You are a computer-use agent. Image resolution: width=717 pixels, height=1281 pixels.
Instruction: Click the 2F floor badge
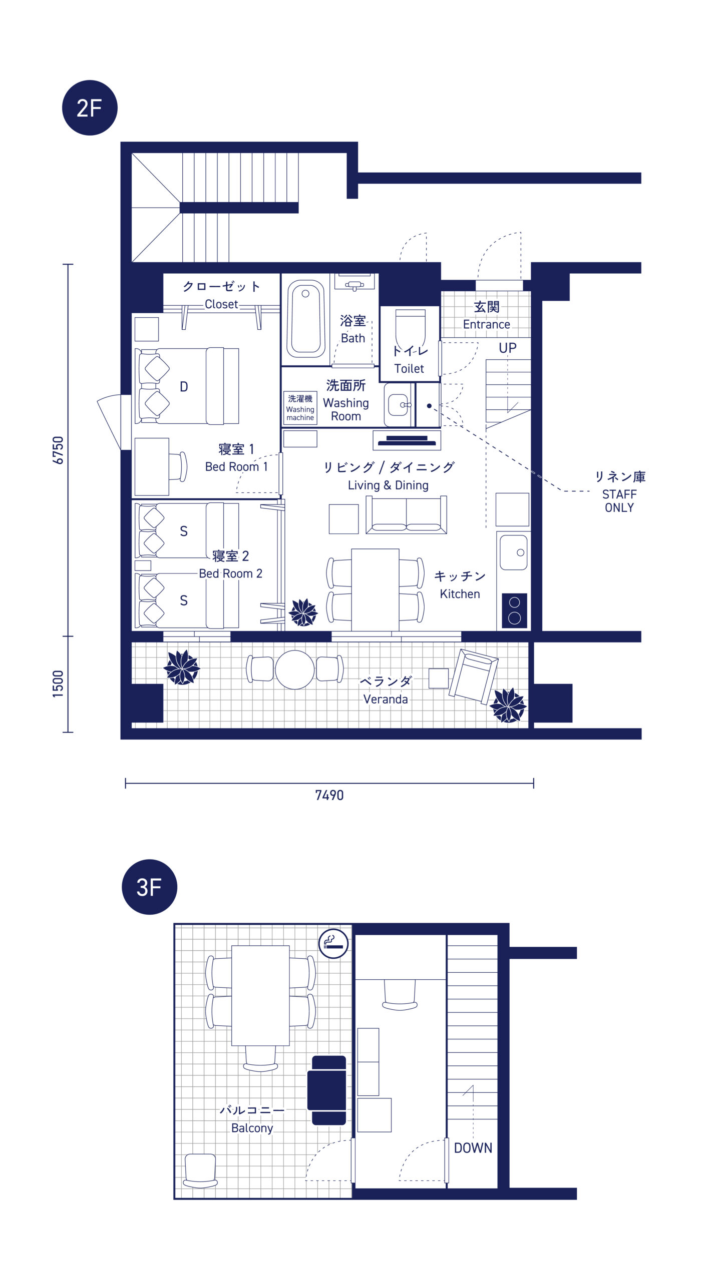pos(90,108)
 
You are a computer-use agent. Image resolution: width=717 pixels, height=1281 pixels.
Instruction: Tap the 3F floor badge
pos(149,887)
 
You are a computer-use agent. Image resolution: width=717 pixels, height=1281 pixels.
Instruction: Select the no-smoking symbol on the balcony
pos(333,943)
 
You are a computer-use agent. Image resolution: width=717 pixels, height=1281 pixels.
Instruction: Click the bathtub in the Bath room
pos(305,319)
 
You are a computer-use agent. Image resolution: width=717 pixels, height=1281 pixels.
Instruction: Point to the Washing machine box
pos(300,408)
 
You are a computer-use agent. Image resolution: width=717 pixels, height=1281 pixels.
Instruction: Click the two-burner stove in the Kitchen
pos(514,610)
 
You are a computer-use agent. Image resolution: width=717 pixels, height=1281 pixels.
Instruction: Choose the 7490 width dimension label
pos(329,795)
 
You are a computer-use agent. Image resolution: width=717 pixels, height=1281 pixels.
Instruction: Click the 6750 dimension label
pos(58,450)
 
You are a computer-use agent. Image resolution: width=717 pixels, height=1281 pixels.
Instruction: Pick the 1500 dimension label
pos(58,684)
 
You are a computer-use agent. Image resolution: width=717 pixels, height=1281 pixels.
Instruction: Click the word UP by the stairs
pos(507,348)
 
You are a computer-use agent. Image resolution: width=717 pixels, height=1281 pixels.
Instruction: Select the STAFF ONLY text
pos(619,501)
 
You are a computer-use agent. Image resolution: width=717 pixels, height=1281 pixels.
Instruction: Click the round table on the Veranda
pos(295,670)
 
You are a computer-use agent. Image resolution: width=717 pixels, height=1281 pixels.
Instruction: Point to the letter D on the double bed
pos(184,387)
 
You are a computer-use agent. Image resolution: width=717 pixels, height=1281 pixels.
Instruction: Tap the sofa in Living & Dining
pos(406,515)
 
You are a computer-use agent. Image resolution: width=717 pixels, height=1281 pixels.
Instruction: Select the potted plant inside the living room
pos(303,612)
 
